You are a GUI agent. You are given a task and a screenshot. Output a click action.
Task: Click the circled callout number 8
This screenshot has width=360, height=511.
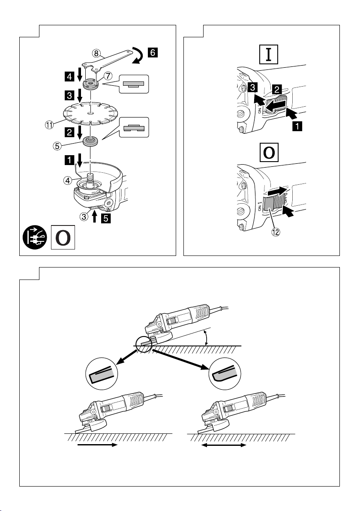coord(96,53)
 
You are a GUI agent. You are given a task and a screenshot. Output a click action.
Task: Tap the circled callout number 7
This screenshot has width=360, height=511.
coord(108,76)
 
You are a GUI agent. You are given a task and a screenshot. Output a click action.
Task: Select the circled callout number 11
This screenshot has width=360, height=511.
coord(49,124)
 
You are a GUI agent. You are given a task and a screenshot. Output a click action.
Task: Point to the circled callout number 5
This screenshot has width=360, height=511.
coord(57,146)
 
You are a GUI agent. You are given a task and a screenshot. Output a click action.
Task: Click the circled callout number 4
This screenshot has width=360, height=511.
coord(68,180)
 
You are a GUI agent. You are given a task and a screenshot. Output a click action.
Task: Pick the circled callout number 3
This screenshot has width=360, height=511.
coord(84,216)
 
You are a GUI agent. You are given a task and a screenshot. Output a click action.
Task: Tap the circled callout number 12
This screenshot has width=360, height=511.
coord(276,232)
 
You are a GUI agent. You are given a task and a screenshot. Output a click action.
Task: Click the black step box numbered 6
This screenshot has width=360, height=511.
coord(153,52)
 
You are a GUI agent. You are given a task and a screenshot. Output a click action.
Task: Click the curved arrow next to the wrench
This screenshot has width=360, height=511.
coord(138,55)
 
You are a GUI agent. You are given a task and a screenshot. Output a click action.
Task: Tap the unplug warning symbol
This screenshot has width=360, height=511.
coord(35,237)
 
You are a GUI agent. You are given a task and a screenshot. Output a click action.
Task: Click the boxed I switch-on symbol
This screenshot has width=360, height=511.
coord(268,54)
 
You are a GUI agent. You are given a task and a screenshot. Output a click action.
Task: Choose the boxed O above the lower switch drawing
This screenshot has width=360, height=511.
coord(269,153)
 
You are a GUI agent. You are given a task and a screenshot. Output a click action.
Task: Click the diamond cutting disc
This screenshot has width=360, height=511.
coord(90,114)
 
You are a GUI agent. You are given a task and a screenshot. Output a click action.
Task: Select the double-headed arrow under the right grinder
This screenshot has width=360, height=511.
coord(223,445)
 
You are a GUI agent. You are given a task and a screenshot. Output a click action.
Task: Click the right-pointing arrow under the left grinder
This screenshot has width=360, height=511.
coord(97,445)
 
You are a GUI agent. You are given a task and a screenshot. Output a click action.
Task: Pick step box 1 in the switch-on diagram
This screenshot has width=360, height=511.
coord(297,126)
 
